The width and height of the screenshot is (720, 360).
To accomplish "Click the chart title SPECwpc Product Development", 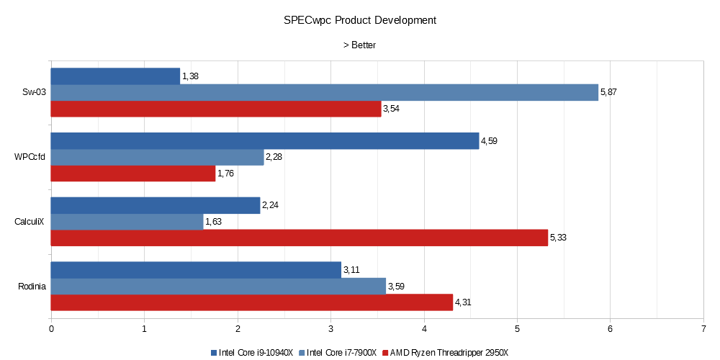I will (x=360, y=20).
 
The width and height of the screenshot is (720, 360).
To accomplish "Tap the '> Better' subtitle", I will (x=359, y=45).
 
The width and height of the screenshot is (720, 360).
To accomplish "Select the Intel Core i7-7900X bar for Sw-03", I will (x=324, y=92).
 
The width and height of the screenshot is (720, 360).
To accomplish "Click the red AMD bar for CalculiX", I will (x=299, y=238).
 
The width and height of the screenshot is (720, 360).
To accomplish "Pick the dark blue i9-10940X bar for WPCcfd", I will (x=264, y=141).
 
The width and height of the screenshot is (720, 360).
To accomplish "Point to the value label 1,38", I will (x=190, y=76).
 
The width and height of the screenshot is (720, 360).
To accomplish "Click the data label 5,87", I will (x=608, y=93).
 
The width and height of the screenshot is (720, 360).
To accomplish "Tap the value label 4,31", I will (x=463, y=302).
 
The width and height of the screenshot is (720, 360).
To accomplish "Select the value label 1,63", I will (x=213, y=222).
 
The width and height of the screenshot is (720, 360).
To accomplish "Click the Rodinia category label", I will (x=32, y=287).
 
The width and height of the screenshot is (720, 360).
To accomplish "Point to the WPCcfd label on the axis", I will (x=30, y=157).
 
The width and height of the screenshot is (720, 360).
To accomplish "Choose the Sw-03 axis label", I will (x=34, y=92).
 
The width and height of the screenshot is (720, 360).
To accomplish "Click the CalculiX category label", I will (x=30, y=222).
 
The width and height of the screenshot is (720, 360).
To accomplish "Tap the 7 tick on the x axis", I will (x=703, y=328).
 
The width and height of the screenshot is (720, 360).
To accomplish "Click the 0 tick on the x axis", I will (x=51, y=328).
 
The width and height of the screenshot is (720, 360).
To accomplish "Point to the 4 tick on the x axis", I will (x=423, y=328).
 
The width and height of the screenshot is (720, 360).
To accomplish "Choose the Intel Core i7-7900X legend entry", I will (x=342, y=352).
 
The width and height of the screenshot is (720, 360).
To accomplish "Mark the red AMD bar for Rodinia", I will (x=252, y=302).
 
